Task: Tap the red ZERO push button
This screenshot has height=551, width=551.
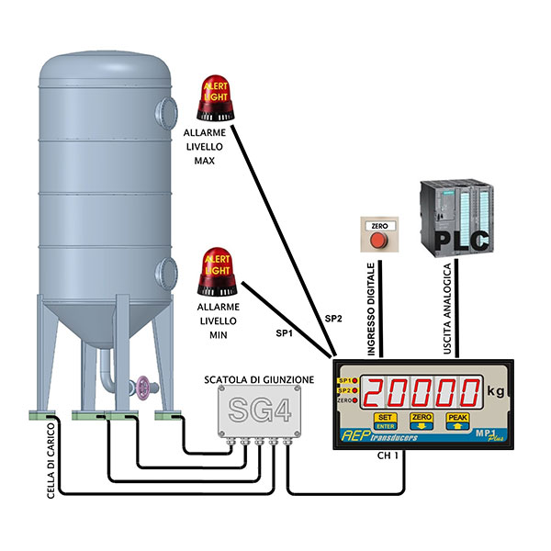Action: [377, 240]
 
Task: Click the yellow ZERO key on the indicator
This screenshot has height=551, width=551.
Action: [422, 421]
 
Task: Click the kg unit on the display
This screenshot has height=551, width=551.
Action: [496, 391]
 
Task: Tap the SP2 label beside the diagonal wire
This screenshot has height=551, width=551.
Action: [335, 318]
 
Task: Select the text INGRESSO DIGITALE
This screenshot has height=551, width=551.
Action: [373, 304]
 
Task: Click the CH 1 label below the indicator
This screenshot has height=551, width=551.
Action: [390, 456]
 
